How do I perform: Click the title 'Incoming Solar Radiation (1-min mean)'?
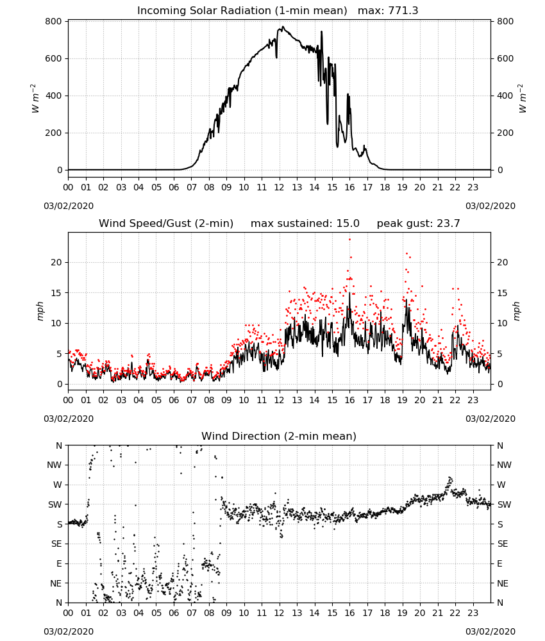[242, 11]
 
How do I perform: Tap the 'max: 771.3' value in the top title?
[388, 11]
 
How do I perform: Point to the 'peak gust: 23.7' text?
[418, 224]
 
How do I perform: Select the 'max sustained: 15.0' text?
[305, 224]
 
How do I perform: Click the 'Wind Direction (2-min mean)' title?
[279, 436]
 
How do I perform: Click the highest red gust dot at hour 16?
[349, 240]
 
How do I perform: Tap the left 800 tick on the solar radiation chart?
[54, 21]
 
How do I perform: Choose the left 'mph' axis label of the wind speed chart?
[40, 311]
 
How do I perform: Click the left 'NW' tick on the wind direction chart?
[55, 465]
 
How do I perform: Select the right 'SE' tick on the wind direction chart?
[503, 544]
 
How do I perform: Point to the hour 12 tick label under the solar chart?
[280, 188]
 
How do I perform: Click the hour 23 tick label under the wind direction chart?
[473, 613]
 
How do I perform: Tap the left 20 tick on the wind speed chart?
[56, 262]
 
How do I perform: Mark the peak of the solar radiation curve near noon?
[283, 27]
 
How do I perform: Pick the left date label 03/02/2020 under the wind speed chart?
[69, 419]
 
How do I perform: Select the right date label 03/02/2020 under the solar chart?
[491, 206]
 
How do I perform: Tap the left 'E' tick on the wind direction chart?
[59, 563]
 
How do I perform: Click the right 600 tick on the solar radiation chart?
[505, 58]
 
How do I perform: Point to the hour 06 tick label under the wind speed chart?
[174, 400]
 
